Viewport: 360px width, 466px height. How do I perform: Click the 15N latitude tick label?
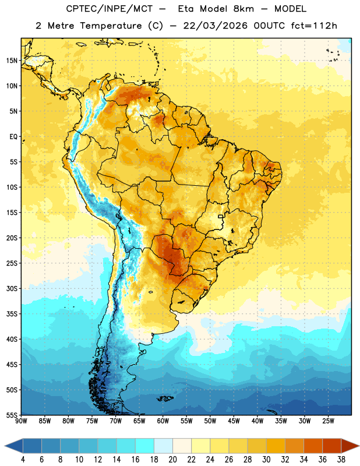point(12,61)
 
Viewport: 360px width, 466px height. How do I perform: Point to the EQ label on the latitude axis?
point(13,137)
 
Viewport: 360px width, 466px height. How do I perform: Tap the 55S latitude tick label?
point(12,415)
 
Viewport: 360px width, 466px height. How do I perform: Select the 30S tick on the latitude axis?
point(12,288)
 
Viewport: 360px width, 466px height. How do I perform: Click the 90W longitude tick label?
point(21,421)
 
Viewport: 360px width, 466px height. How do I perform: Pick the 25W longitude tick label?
point(328,421)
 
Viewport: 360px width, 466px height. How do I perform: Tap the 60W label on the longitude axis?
point(163,421)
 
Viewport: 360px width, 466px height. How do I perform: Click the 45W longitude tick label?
point(234,421)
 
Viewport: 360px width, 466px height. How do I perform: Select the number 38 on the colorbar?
point(341,460)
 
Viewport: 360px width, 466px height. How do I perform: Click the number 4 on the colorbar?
point(23,460)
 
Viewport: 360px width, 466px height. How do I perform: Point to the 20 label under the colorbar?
point(172,460)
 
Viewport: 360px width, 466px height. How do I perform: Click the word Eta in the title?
point(185,9)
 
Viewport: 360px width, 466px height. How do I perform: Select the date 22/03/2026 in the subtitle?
point(215,26)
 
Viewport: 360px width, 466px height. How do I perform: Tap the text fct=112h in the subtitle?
point(314,26)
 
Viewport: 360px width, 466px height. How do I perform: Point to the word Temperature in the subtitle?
point(111,26)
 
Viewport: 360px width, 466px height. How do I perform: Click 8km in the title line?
point(243,9)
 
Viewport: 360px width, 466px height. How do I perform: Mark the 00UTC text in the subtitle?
point(269,26)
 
